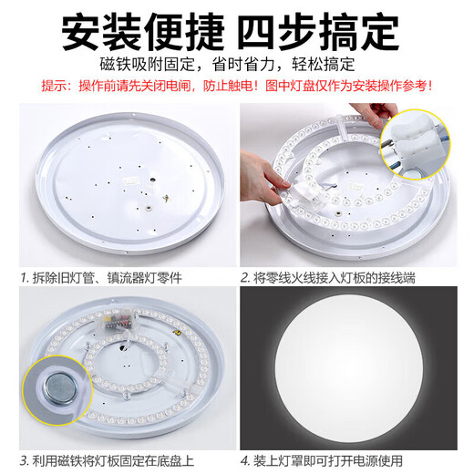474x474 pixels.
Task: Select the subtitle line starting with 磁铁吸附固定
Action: tap(236, 67)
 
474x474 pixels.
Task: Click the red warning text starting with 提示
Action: tap(236, 88)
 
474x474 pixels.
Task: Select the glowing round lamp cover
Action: tap(355, 369)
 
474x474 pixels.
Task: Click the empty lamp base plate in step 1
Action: tap(118, 182)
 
